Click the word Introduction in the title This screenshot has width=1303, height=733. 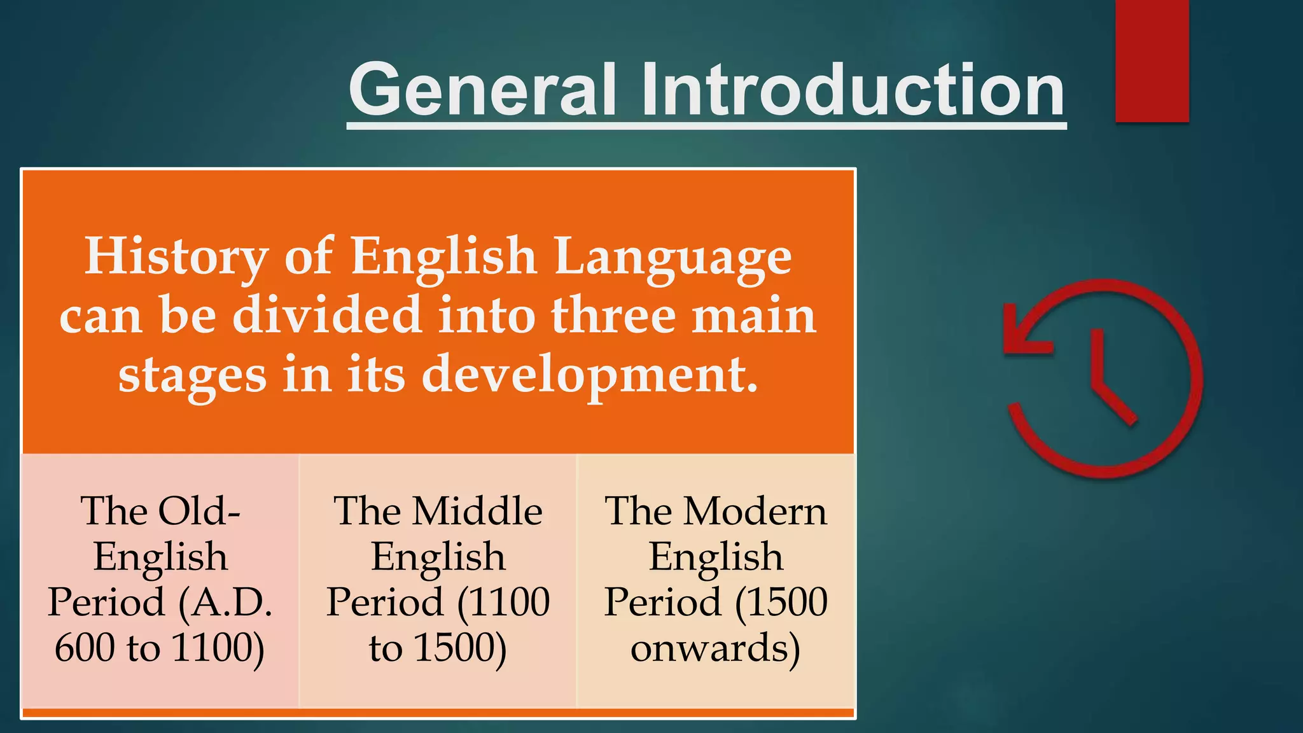click(x=853, y=90)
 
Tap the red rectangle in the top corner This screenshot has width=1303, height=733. click(x=1152, y=60)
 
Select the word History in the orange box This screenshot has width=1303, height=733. click(x=176, y=256)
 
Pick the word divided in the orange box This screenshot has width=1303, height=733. click(x=327, y=315)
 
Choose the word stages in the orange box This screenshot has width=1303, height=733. click(x=192, y=375)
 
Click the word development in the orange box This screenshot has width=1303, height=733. click(x=590, y=375)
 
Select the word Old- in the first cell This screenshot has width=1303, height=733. click(x=199, y=511)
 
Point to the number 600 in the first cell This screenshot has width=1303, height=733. click(x=85, y=648)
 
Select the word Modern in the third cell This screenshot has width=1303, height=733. click(x=755, y=511)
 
